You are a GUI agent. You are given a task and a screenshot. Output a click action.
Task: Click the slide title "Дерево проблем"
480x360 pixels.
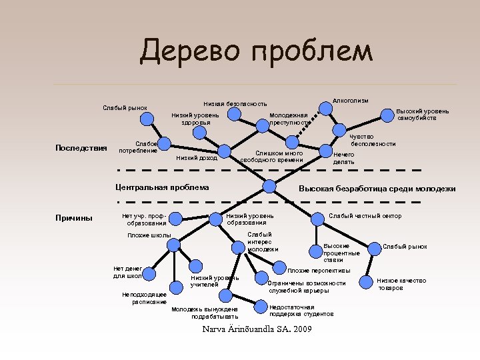[257, 51]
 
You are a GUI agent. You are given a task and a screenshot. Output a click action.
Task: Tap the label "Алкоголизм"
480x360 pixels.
[350, 100]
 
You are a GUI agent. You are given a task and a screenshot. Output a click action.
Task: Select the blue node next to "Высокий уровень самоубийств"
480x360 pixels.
[387, 115]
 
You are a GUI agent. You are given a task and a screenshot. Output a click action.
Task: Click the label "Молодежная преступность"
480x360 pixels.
[289, 119]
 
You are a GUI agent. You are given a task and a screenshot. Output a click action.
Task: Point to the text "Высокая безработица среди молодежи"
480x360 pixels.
[377, 189]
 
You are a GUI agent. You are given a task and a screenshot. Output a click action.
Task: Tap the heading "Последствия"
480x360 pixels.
[81, 147]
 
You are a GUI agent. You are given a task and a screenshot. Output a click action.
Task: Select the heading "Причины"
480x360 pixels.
[75, 218]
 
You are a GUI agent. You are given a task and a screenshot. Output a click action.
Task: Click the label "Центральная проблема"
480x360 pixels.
[162, 187]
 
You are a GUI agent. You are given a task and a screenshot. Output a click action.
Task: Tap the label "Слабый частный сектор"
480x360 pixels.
[365, 216]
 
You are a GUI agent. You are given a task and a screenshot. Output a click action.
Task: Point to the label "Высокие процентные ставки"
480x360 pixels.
[341, 253]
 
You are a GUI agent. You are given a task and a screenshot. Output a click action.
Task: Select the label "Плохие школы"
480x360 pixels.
[149, 235]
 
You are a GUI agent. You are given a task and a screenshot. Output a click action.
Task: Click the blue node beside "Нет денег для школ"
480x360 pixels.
[151, 273]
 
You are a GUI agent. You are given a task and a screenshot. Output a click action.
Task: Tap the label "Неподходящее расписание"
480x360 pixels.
[145, 298]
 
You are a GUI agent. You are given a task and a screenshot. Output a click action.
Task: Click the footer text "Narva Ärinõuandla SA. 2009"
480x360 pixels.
[256, 329]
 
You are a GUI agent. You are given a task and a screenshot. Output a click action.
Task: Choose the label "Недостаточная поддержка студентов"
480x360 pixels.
[301, 310]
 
